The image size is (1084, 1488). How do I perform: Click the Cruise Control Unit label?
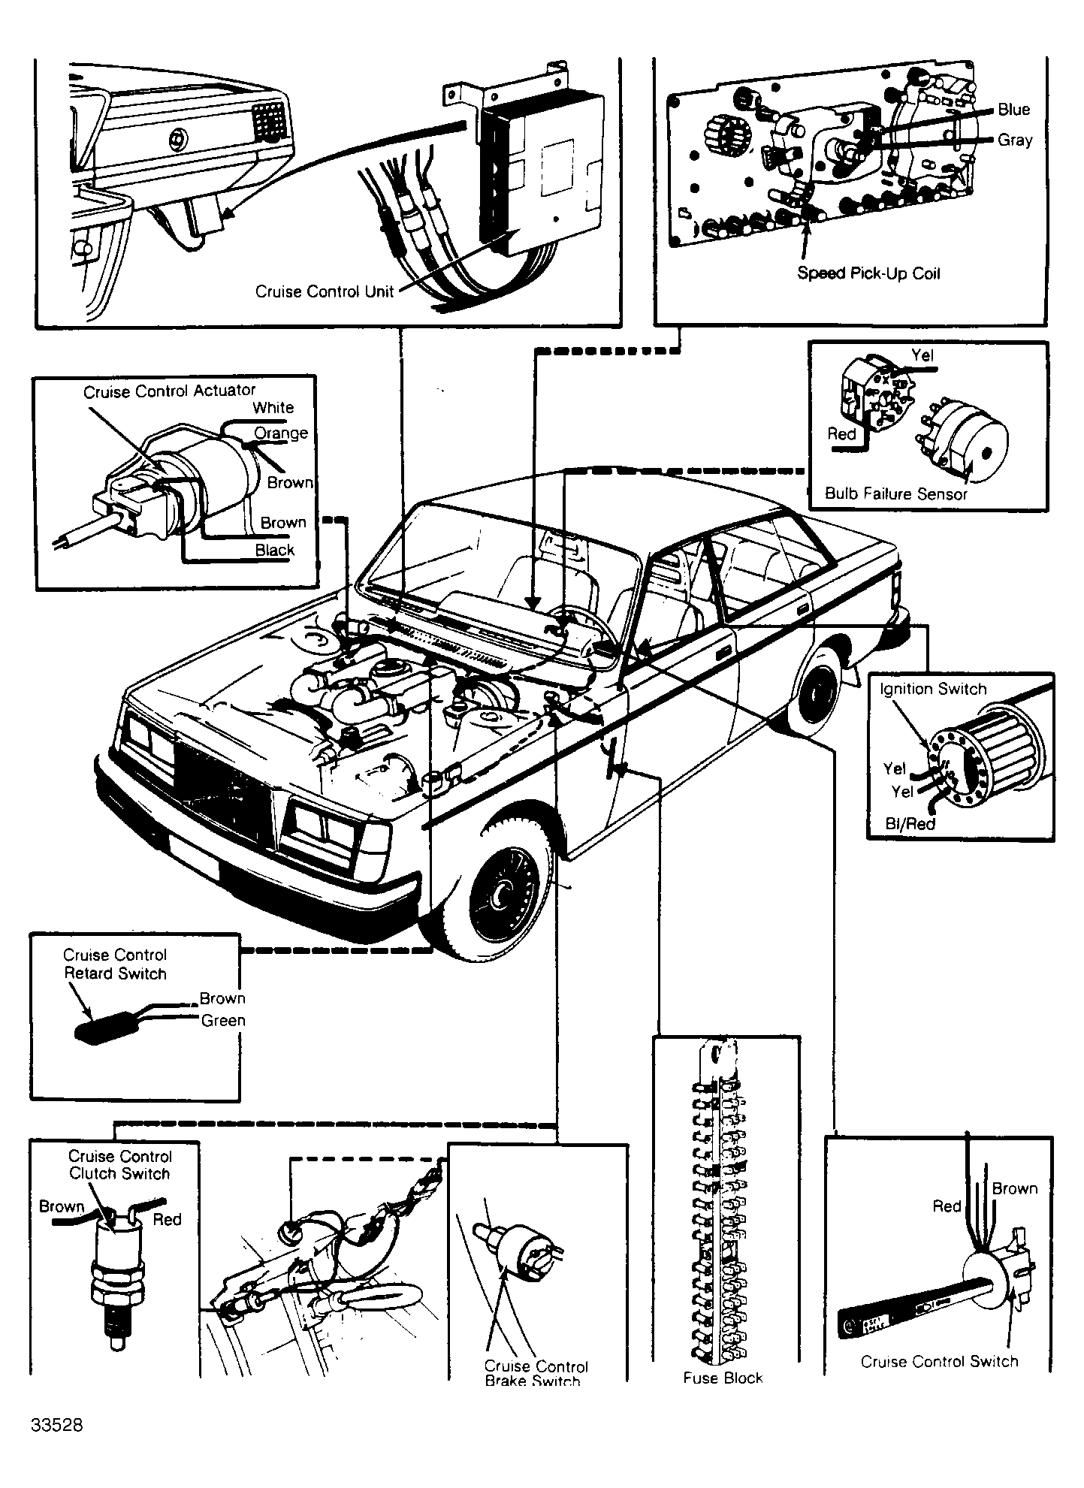click(324, 291)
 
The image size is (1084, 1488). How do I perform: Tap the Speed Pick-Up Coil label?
click(868, 273)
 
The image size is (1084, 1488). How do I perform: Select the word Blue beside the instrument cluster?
click(1013, 110)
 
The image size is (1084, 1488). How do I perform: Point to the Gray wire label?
click(1015, 140)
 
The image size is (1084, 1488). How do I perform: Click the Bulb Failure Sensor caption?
click(895, 493)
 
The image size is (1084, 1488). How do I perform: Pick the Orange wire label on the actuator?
click(281, 433)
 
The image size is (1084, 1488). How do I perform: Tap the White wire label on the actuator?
click(273, 408)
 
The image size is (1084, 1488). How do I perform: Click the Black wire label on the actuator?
click(274, 550)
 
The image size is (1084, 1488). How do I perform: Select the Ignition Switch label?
click(933, 689)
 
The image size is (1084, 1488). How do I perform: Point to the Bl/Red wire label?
click(910, 823)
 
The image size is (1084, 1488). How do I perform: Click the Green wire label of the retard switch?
click(223, 1020)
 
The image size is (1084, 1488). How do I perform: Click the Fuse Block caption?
click(723, 1378)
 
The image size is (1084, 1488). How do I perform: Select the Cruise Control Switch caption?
click(939, 1361)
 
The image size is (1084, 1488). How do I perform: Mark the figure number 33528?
click(57, 1426)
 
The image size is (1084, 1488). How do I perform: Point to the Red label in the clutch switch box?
click(167, 1219)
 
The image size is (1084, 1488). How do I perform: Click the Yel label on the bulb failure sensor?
click(922, 355)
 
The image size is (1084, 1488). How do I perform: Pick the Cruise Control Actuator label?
click(169, 391)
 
